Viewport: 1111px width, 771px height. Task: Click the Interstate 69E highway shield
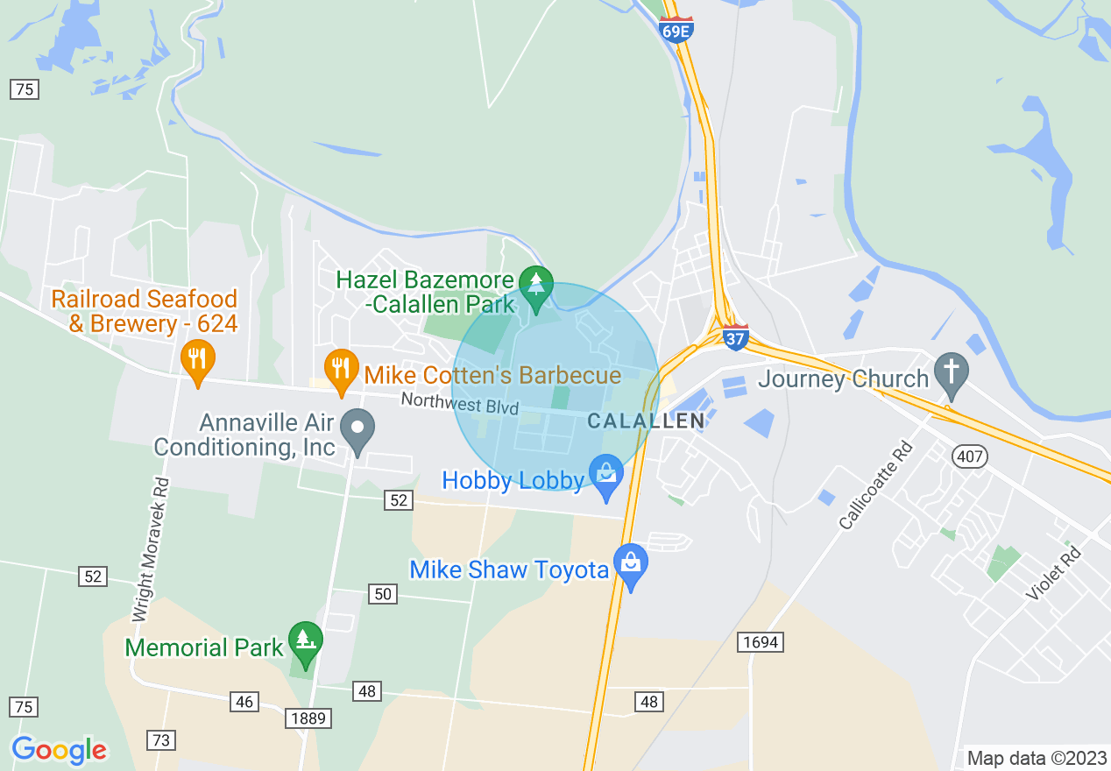(676, 31)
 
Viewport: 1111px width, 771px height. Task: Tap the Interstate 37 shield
(736, 336)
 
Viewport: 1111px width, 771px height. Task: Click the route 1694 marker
(759, 642)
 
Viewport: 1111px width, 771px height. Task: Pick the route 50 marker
(383, 595)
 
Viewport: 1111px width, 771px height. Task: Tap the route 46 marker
(244, 701)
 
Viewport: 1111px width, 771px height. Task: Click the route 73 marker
(160, 740)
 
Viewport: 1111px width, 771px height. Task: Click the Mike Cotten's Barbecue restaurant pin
(340, 371)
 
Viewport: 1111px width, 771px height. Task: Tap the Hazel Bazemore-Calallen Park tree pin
(534, 286)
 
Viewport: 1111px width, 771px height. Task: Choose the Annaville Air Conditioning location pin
(357, 431)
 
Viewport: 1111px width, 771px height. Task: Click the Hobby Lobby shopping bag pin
(606, 476)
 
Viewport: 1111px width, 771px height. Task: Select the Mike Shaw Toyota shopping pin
(630, 565)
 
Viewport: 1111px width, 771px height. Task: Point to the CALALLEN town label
(646, 421)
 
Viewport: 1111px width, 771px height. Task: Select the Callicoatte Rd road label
(875, 486)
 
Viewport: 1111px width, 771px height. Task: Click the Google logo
(59, 750)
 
